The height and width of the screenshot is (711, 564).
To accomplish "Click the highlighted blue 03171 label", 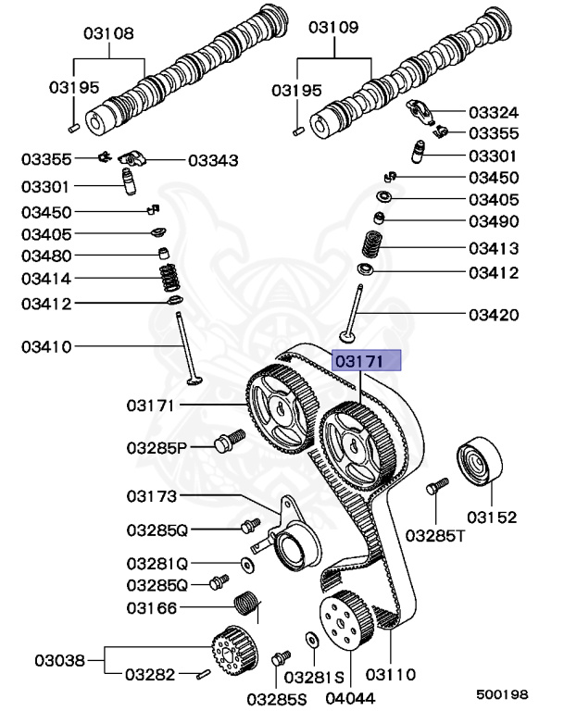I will click(x=366, y=359).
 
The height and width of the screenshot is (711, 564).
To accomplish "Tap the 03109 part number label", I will click(x=332, y=28).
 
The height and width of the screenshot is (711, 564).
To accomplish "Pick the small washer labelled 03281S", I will click(x=310, y=639).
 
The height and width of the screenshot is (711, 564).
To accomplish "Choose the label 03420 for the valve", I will click(x=493, y=315).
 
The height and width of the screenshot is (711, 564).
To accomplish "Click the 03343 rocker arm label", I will click(x=213, y=160).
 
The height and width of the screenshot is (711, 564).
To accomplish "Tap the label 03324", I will click(x=493, y=112).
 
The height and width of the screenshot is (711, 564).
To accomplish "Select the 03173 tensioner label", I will click(x=150, y=497).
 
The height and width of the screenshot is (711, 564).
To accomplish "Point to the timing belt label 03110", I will click(x=390, y=675).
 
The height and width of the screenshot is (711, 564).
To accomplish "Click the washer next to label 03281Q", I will click(x=246, y=563).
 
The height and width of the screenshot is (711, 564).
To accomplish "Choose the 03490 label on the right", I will click(x=493, y=221).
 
